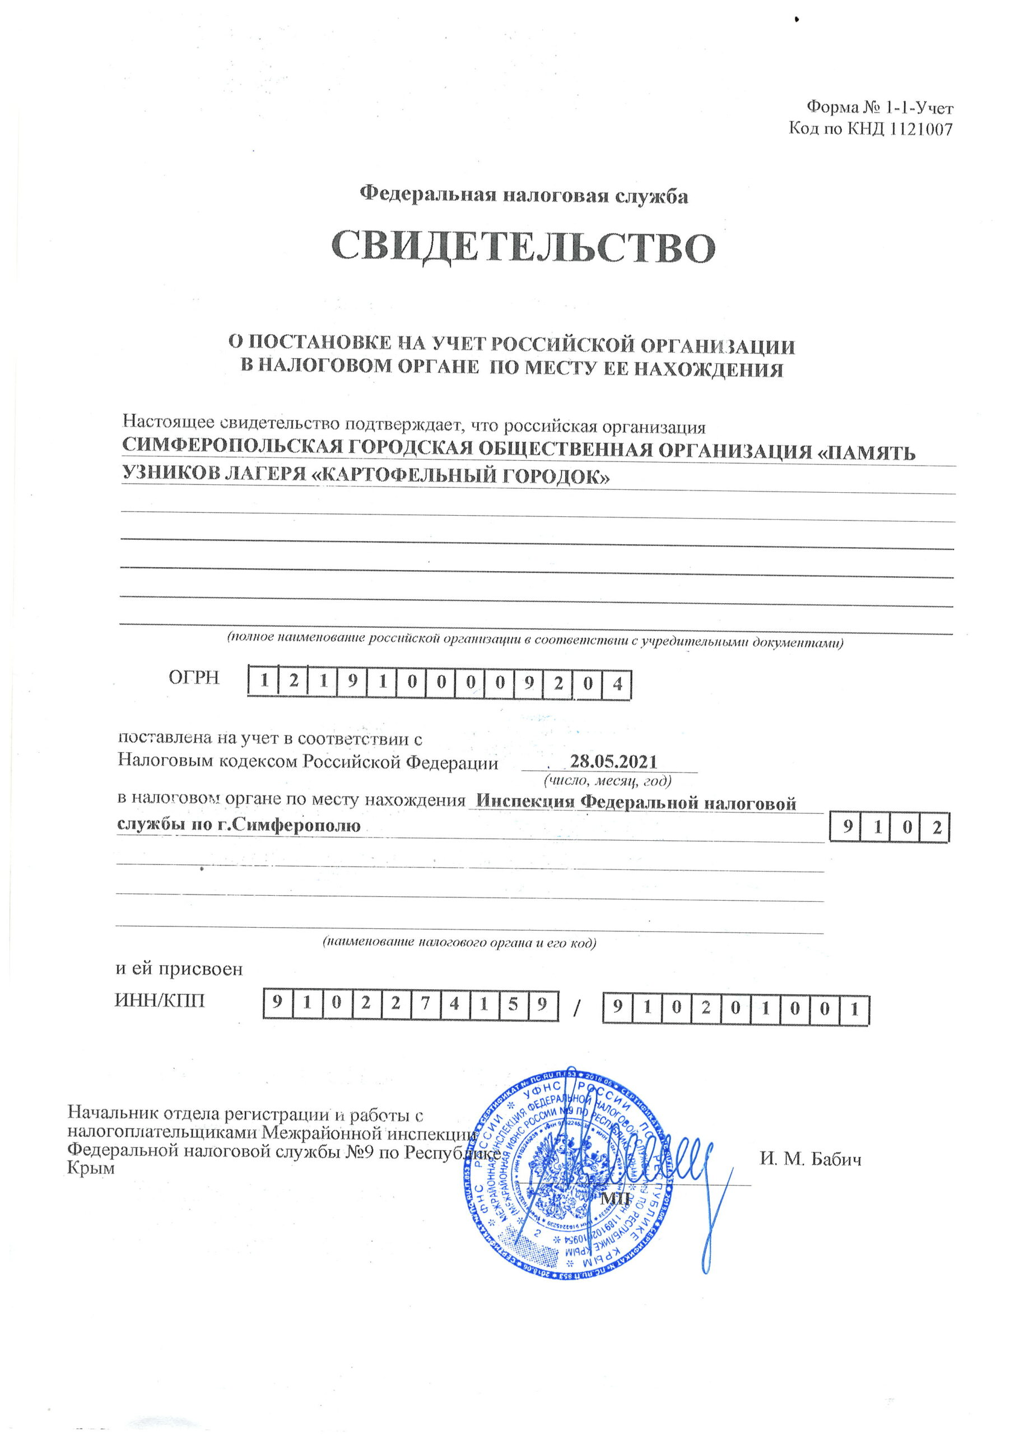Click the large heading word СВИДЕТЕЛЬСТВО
pos(523,248)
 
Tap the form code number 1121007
pos(919,129)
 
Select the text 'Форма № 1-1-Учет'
pos(880,108)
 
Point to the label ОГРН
pos(194,678)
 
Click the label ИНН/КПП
pos(160,1001)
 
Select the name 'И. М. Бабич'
pos(811,1159)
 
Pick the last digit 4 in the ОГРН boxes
pos(617,684)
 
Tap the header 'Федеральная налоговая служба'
pos(524,196)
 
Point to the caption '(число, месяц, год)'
pos(608,780)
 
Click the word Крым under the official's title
pos(91,1168)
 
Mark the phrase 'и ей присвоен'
pos(179,970)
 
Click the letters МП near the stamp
pos(615,1198)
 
